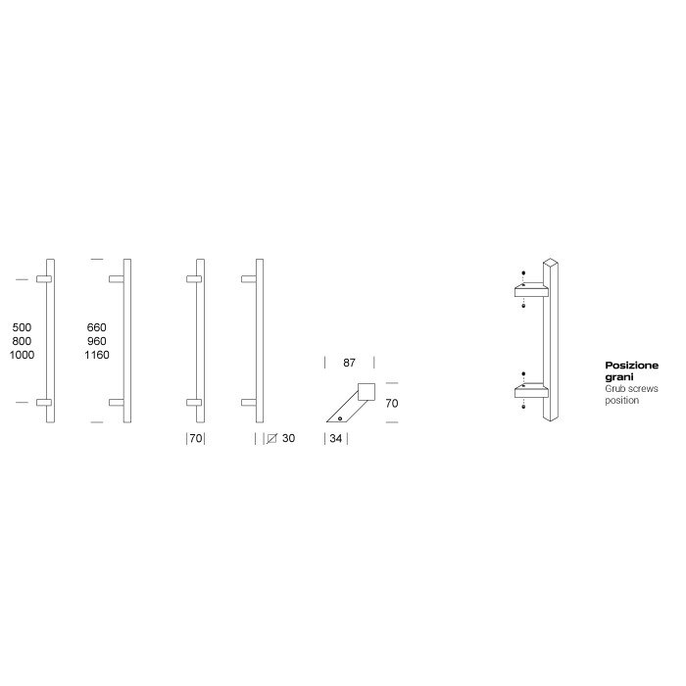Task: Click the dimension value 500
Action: tap(22, 327)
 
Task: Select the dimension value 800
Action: tap(22, 341)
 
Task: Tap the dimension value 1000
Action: tap(22, 355)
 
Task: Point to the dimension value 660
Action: tap(96, 327)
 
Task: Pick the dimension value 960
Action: tap(96, 341)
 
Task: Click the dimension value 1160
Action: tap(96, 355)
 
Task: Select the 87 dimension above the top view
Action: tap(349, 363)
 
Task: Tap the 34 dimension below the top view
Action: tap(336, 439)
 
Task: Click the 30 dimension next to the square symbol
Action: tap(288, 439)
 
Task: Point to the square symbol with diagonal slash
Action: tap(271, 439)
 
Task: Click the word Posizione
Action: tap(631, 366)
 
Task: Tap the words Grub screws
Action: tap(632, 389)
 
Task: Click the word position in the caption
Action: tap(621, 401)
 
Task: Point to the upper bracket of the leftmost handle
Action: tap(42, 280)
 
